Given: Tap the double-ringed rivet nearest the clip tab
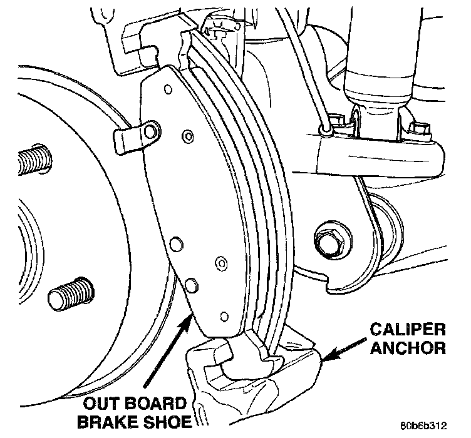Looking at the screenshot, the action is [x=186, y=136].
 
